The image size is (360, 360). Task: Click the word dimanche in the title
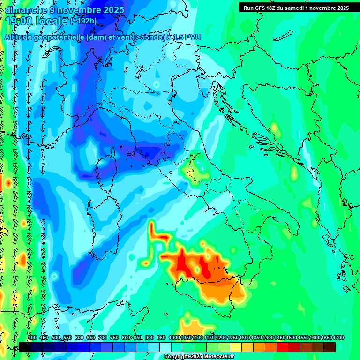pyautogui.click(x=26, y=10)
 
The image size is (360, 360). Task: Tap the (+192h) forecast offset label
pyautogui.click(x=83, y=21)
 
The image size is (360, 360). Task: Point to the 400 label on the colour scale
pyautogui.click(x=32, y=337)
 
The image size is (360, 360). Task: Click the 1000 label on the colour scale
pyautogui.click(x=174, y=337)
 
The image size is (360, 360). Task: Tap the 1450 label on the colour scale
pyautogui.click(x=280, y=337)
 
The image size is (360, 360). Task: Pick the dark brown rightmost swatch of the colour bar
pyautogui.click(x=330, y=347)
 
